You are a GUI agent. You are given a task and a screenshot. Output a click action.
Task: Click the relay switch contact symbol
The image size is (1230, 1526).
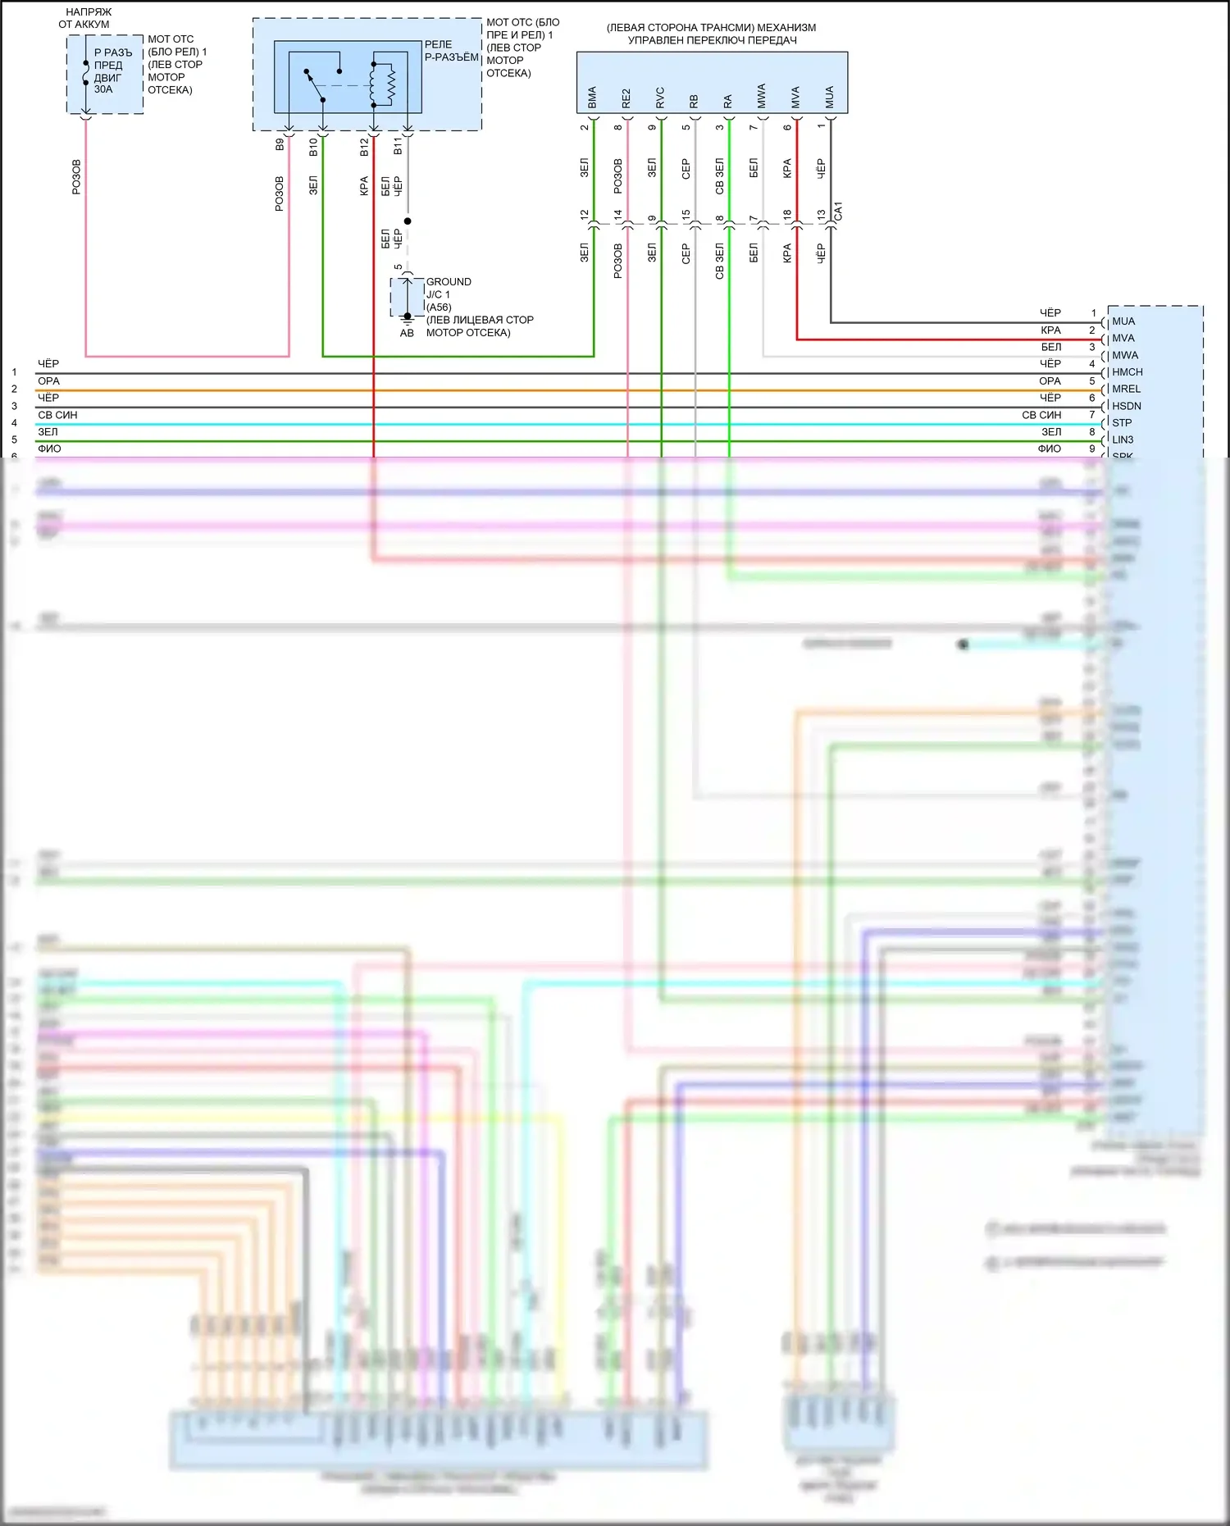pyautogui.click(x=315, y=85)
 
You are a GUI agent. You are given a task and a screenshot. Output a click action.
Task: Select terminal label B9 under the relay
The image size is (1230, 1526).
pyautogui.click(x=280, y=144)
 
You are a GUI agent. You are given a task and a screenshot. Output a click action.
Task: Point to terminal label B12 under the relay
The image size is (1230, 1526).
pyautogui.click(x=364, y=147)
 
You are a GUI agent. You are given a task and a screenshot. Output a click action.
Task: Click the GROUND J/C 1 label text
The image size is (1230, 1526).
pyautogui.click(x=448, y=288)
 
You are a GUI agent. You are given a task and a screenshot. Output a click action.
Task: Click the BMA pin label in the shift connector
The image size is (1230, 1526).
pyautogui.click(x=592, y=98)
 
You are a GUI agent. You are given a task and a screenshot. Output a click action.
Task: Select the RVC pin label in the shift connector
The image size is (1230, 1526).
pyautogui.click(x=660, y=98)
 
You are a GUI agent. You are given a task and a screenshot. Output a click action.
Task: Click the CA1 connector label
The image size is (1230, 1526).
pyautogui.click(x=838, y=211)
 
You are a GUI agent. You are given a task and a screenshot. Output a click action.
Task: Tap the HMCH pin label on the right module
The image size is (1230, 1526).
pyautogui.click(x=1127, y=372)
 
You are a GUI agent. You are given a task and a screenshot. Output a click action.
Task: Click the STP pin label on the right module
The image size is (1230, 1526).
pyautogui.click(x=1121, y=423)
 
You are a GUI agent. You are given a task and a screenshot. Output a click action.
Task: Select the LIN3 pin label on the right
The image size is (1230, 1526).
pyautogui.click(x=1123, y=440)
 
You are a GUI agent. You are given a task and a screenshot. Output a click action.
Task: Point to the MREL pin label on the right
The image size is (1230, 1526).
pyautogui.click(x=1126, y=389)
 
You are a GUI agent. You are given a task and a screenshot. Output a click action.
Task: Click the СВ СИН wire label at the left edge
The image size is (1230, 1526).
pyautogui.click(x=57, y=415)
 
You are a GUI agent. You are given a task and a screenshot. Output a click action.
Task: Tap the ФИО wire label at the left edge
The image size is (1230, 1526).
pyautogui.click(x=49, y=449)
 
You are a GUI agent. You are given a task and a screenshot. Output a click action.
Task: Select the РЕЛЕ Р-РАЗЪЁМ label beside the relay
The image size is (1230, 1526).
pyautogui.click(x=451, y=51)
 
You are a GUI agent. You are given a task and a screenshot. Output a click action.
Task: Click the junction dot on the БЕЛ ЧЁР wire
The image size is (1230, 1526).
pyautogui.click(x=408, y=221)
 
